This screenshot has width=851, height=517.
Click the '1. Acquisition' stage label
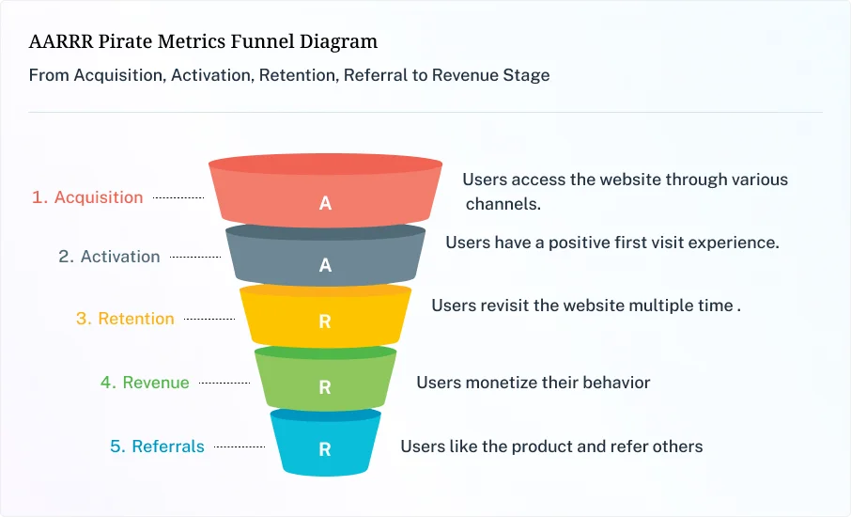point(87,197)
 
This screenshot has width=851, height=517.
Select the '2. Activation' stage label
point(109,257)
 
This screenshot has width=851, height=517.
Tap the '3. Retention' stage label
point(125,319)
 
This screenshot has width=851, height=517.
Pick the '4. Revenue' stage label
point(145,383)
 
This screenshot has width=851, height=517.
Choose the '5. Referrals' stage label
point(157,446)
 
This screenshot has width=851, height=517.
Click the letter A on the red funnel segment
point(325,203)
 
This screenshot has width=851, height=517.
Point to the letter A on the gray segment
point(325,265)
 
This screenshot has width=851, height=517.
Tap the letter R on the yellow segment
point(325,321)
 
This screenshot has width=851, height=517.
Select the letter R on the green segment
point(325,386)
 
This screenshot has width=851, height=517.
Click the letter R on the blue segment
point(325,449)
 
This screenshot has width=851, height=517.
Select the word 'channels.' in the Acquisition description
point(503,203)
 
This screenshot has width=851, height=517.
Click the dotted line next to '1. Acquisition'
point(178,198)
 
